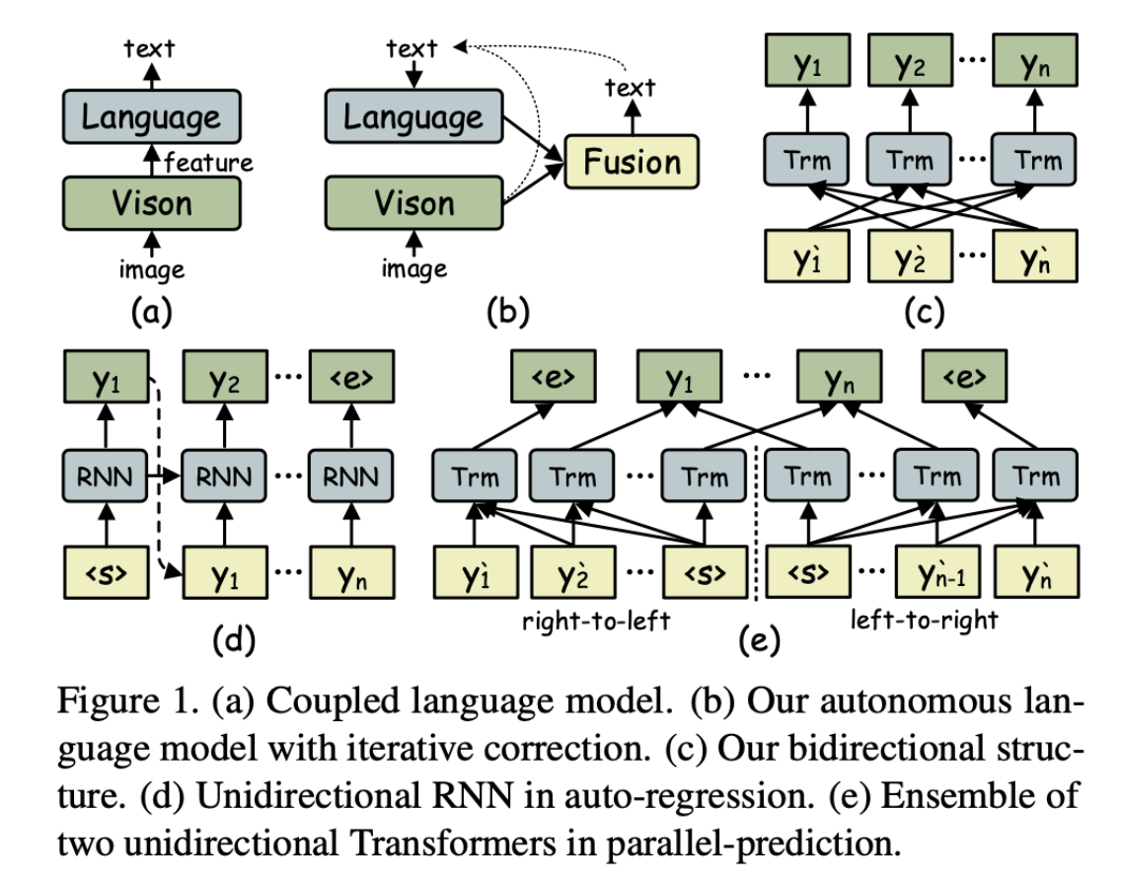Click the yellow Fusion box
pos(632,162)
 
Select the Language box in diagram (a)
pos(151,118)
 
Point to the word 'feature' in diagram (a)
pos(208,162)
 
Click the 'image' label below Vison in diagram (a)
pos(151,267)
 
